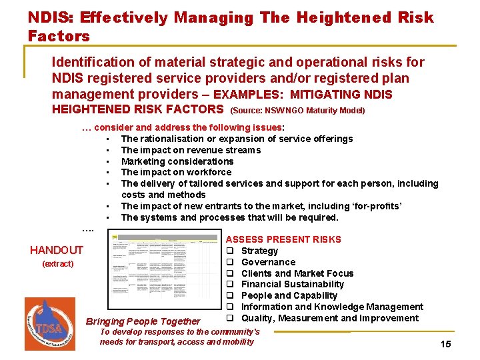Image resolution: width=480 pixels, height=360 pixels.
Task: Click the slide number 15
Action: tap(446, 344)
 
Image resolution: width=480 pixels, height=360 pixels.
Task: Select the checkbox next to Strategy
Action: tap(229, 251)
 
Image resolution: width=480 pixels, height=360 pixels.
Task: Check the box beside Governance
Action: tap(229, 262)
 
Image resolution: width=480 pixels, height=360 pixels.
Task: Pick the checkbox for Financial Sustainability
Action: tap(229, 285)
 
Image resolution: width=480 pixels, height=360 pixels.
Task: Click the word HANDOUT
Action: tap(57, 250)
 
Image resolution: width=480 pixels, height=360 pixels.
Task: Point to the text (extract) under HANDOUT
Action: tap(58, 264)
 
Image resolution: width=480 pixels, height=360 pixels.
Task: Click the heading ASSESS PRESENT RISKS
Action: tap(283, 239)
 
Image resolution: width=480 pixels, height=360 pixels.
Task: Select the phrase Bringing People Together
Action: tap(143, 321)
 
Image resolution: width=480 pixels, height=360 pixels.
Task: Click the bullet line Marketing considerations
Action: tap(177, 161)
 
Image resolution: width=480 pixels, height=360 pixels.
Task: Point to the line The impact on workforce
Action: tap(176, 172)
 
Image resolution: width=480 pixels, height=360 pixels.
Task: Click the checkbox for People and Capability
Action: tap(229, 295)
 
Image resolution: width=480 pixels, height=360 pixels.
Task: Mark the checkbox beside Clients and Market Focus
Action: tap(229, 273)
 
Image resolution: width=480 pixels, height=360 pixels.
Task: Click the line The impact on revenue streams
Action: tap(191, 150)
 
